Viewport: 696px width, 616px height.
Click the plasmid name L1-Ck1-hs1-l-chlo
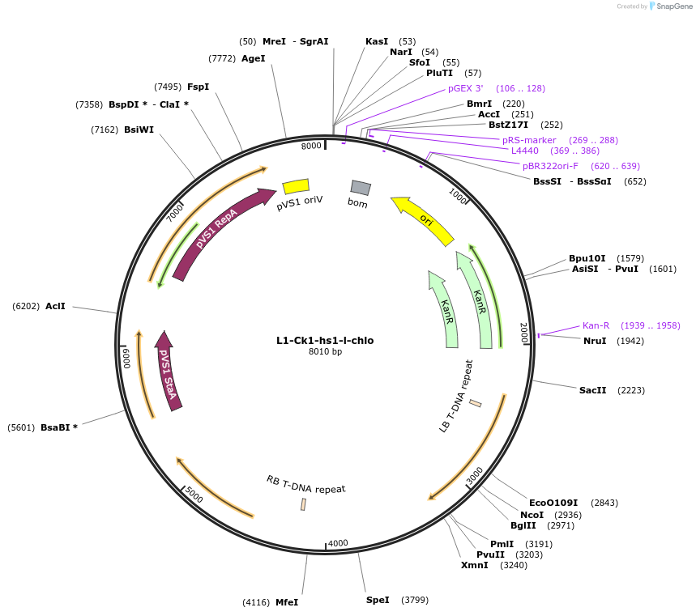point(325,341)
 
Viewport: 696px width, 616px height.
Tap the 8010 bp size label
point(325,351)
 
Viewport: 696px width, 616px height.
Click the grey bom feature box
point(361,188)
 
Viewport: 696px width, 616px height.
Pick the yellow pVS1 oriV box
point(296,186)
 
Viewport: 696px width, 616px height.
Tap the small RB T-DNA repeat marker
point(304,504)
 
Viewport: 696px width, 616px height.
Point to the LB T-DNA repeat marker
point(476,403)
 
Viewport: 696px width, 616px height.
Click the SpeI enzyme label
point(378,600)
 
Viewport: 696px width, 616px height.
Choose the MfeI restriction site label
point(287,602)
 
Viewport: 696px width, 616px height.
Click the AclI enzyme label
point(55,306)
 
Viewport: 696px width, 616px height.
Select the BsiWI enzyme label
point(139,130)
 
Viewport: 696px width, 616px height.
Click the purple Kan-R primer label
point(596,325)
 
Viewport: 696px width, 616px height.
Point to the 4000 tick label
point(338,542)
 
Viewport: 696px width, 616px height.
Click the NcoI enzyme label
point(532,515)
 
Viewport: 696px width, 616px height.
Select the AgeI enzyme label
point(253,58)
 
